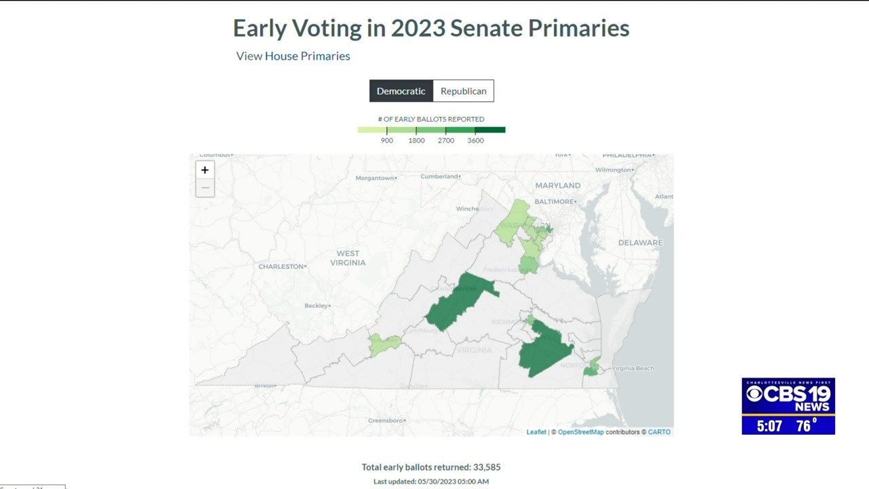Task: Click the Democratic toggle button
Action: (401, 91)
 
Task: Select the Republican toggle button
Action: (463, 91)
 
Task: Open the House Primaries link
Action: (308, 56)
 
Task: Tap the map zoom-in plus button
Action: (205, 170)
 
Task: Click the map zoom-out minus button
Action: (205, 187)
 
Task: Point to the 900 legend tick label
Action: (387, 141)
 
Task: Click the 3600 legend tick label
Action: (475, 141)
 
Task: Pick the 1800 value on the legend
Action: (416, 141)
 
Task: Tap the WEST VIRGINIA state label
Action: (348, 258)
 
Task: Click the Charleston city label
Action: (280, 266)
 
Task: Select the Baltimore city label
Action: (555, 202)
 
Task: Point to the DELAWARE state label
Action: (640, 242)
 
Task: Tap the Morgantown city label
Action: (375, 178)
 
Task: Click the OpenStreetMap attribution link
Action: (580, 432)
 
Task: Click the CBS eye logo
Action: (754, 394)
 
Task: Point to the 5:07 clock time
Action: (769, 427)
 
